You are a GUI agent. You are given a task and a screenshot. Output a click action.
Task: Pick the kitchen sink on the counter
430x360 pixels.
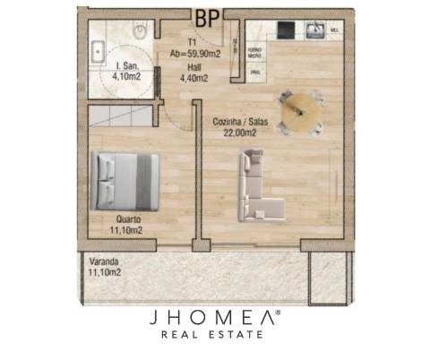[x=315, y=31]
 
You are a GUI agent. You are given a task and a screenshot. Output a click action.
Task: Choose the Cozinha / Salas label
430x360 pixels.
[x=237, y=123]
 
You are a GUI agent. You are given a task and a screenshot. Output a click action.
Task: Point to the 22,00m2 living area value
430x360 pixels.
[x=237, y=133]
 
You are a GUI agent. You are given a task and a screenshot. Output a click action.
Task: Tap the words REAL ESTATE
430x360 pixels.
[x=216, y=336]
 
